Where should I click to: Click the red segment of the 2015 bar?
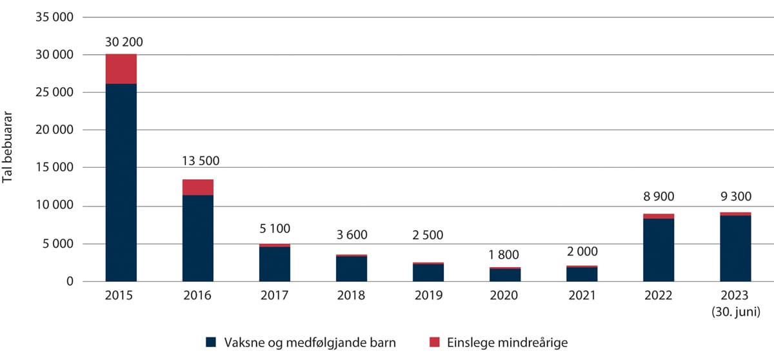tap(121, 69)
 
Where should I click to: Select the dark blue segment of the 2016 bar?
tap(198, 238)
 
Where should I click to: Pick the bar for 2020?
tap(505, 275)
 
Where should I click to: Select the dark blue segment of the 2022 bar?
tap(659, 250)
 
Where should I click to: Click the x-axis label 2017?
tap(275, 296)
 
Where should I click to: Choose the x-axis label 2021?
tap(582, 296)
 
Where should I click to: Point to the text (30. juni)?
tap(735, 310)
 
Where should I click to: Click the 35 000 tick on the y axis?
tap(57, 17)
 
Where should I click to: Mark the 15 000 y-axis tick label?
tap(57, 168)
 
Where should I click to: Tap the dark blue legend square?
tap(211, 343)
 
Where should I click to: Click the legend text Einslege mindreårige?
tap(507, 343)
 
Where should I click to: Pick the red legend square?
tap(434, 343)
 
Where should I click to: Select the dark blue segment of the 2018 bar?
tap(352, 269)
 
